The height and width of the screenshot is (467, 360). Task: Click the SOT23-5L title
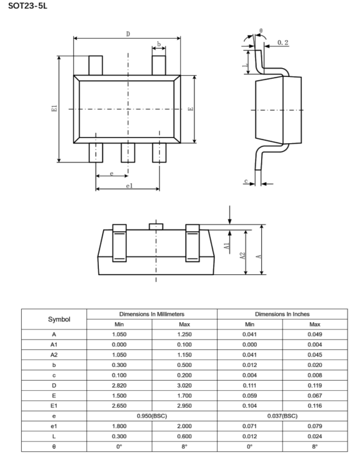(x=27, y=6)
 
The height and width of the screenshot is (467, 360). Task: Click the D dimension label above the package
(x=128, y=34)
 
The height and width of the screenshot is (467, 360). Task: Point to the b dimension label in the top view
(x=159, y=44)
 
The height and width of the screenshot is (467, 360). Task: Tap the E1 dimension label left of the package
(x=54, y=108)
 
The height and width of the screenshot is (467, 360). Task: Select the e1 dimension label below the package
(x=129, y=186)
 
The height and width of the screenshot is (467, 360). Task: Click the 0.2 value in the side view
(x=283, y=43)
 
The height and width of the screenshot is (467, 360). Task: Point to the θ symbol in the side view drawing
(x=261, y=31)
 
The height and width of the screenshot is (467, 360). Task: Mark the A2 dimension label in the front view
(x=242, y=256)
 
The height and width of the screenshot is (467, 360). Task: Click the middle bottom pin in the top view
(x=127, y=153)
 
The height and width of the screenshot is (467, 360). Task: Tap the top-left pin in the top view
(x=96, y=66)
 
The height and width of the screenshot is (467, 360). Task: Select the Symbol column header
(x=59, y=319)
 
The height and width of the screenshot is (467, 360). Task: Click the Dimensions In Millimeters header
(x=152, y=314)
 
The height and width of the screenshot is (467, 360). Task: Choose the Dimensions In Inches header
(x=282, y=314)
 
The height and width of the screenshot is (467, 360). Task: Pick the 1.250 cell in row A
(x=184, y=334)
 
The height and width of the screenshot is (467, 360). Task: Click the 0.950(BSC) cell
(x=152, y=416)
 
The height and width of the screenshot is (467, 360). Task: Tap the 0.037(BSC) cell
(x=282, y=416)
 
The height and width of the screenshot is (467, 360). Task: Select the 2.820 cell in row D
(x=119, y=385)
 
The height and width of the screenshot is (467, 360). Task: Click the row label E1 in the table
(x=54, y=406)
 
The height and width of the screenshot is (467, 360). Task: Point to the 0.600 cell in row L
(x=184, y=436)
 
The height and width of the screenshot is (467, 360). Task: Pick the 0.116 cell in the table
(x=315, y=406)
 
